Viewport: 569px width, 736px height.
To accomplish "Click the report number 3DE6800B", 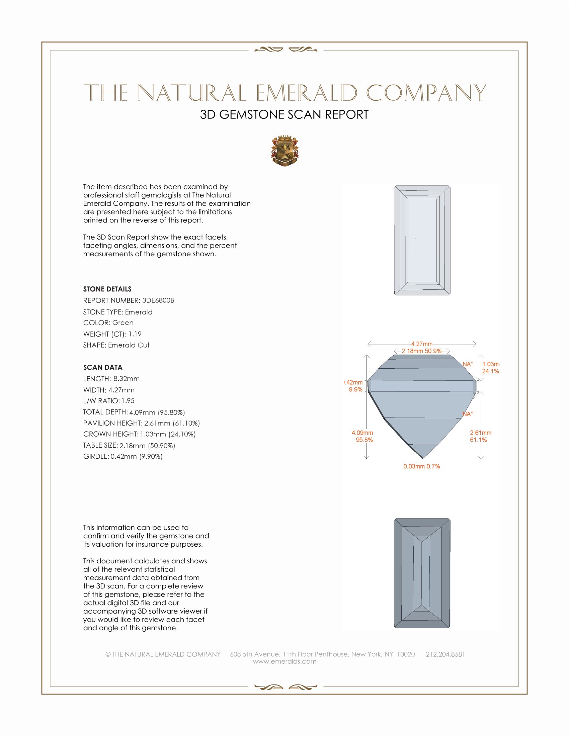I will pyautogui.click(x=158, y=300).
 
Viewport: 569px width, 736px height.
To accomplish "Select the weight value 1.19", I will pyautogui.click(x=135, y=334).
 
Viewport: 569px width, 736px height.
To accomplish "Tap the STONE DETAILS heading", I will pyautogui.click(x=107, y=289).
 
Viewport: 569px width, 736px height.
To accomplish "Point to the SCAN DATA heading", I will pyautogui.click(x=103, y=367).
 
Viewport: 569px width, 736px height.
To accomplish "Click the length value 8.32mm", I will pyautogui.click(x=127, y=379).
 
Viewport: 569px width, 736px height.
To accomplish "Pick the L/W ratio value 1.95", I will pyautogui.click(x=128, y=401).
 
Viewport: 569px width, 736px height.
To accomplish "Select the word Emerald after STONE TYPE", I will pyautogui.click(x=139, y=312).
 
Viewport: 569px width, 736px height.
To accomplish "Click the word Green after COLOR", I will pyautogui.click(x=123, y=323).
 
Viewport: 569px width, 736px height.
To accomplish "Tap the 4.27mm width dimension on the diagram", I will pyautogui.click(x=422, y=344).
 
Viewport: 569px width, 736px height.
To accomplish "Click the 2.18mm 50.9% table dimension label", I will pyautogui.click(x=421, y=351).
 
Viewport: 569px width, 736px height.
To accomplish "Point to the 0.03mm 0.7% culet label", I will pyautogui.click(x=422, y=466).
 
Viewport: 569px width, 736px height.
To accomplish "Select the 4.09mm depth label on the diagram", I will pyautogui.click(x=362, y=433).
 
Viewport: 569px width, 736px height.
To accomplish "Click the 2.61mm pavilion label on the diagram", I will pyautogui.click(x=481, y=433).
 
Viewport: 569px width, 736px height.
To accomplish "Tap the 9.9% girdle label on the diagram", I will pyautogui.click(x=355, y=389).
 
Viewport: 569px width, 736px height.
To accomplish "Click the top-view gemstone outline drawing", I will pyautogui.click(x=422, y=240).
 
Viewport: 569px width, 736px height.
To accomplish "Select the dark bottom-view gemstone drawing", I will pyautogui.click(x=422, y=573).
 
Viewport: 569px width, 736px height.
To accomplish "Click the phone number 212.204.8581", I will pyautogui.click(x=445, y=654).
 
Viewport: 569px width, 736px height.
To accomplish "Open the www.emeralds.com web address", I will pyautogui.click(x=284, y=661).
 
